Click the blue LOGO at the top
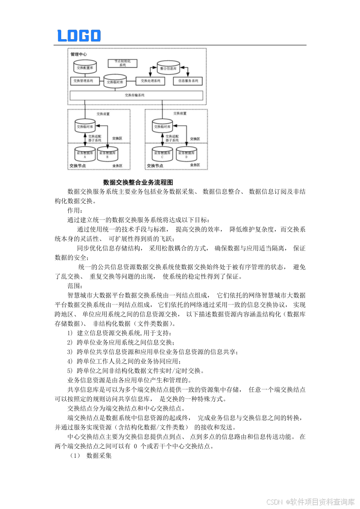[x=79, y=36]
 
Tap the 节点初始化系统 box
[x=122, y=63]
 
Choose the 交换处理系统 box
[x=150, y=81]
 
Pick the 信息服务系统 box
[x=188, y=81]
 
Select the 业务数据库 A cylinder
[x=85, y=154]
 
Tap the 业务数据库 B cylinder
[x=108, y=154]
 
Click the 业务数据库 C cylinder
[x=163, y=154]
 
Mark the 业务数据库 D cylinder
[x=186, y=154]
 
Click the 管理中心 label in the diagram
[x=79, y=54]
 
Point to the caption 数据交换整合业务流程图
[x=138, y=182]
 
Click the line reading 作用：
[x=75, y=210]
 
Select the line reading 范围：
[x=75, y=286]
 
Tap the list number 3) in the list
[x=70, y=352]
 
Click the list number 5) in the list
[x=70, y=371]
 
